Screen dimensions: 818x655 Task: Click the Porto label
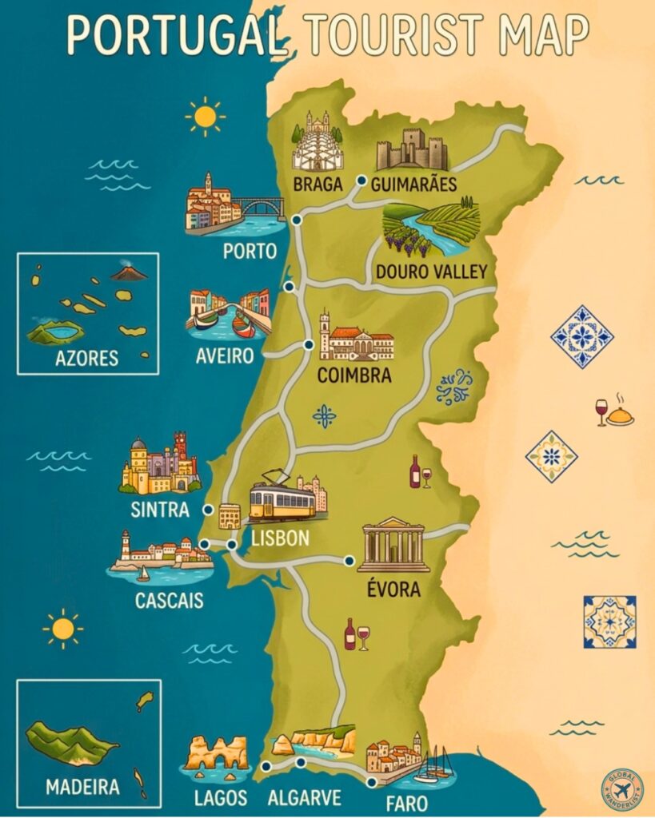coord(250,252)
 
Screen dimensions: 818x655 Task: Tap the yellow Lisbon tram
coord(282,502)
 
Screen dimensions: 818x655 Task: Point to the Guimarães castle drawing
coord(412,149)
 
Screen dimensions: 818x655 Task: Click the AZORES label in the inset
coord(87,358)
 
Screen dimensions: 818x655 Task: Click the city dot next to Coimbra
coord(309,345)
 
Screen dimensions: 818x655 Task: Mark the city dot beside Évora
coord(349,561)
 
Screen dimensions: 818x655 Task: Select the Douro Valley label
coord(431,272)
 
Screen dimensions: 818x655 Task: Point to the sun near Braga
coord(205,117)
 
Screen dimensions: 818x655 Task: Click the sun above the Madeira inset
coord(62,629)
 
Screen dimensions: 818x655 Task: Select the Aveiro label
coord(225,355)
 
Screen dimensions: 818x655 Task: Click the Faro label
coord(405,803)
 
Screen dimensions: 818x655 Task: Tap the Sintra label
coord(160,510)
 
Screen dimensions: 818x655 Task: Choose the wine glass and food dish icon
coord(613,411)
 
